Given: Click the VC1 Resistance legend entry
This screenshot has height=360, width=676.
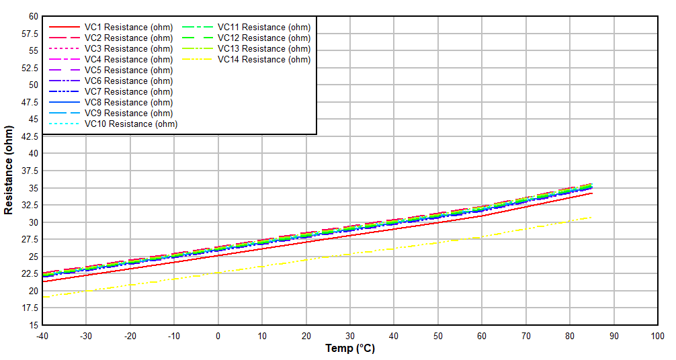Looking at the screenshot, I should (128, 27).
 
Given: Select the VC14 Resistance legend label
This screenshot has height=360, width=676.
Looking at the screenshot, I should (264, 59).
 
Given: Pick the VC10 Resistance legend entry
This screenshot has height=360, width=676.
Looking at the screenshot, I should (130, 124).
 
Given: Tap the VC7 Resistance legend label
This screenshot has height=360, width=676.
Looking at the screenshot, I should (128, 91).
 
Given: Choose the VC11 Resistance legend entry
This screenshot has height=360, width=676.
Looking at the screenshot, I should (264, 27).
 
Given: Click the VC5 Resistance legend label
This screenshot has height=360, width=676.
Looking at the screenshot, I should (128, 70).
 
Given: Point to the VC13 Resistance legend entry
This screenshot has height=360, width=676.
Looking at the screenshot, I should (264, 48).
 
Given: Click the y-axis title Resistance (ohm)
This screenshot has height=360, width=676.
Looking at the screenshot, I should (9, 170).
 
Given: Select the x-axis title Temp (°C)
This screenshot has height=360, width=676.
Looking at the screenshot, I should (349, 349).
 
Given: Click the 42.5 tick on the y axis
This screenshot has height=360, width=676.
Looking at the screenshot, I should (30, 136).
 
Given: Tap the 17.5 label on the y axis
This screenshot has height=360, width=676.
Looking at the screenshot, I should (30, 308).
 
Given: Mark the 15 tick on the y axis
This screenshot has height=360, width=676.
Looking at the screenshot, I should (33, 325).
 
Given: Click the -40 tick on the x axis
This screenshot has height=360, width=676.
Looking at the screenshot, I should (42, 336).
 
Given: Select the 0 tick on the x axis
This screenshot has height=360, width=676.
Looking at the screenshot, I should (218, 336).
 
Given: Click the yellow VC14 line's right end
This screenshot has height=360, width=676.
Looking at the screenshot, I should (591, 217).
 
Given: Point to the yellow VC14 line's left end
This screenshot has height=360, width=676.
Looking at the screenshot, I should (42, 297).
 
